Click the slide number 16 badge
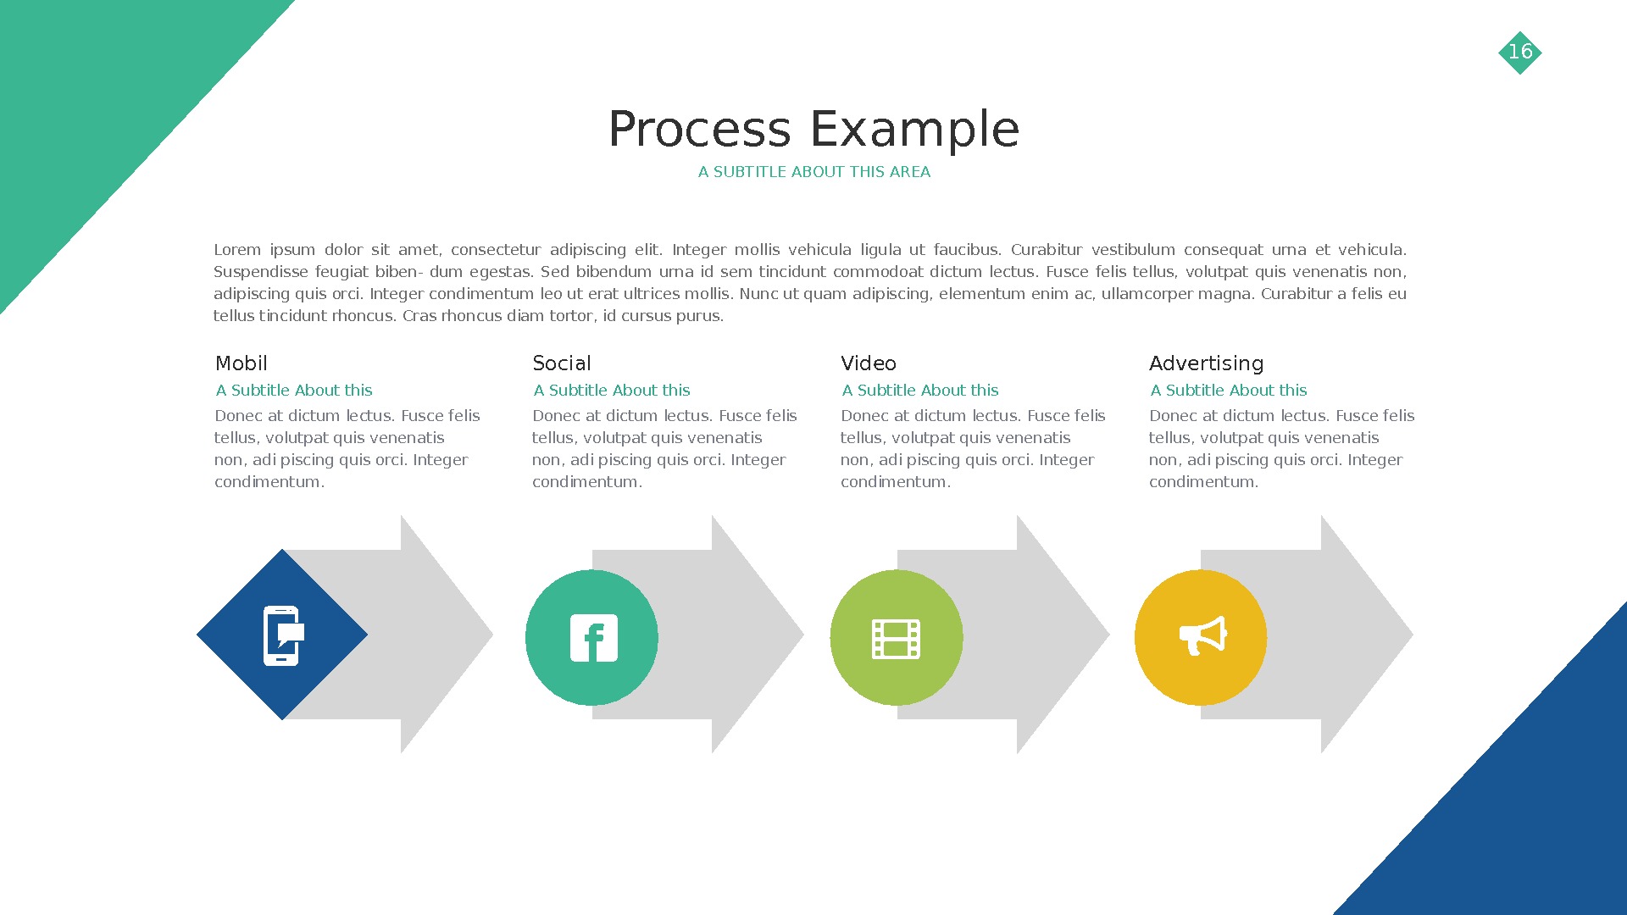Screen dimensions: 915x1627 pos(1520,53)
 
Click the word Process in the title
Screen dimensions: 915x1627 pos(699,130)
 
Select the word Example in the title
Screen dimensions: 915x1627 pos(914,130)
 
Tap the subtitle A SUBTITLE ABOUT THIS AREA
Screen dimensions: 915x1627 pos(813,172)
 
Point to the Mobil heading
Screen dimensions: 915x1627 pos(242,363)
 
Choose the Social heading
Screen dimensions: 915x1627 pos(561,363)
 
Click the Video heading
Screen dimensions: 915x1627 pos(868,363)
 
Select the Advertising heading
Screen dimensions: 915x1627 pos(1206,363)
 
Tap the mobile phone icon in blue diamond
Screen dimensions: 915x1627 pos(282,635)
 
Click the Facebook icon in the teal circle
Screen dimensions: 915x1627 pos(593,638)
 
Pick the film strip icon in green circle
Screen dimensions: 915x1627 pos(897,639)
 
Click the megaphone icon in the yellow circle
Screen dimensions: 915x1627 pos(1202,635)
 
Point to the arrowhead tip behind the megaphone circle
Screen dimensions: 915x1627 pos(1402,635)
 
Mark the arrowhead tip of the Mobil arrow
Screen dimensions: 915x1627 pos(483,635)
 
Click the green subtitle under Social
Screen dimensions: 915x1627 pos(611,391)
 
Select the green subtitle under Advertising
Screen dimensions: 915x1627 pos(1228,391)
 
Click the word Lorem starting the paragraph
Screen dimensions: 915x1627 pos(237,250)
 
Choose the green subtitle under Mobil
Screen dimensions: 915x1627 pos(293,391)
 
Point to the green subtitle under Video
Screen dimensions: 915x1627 pos(919,391)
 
